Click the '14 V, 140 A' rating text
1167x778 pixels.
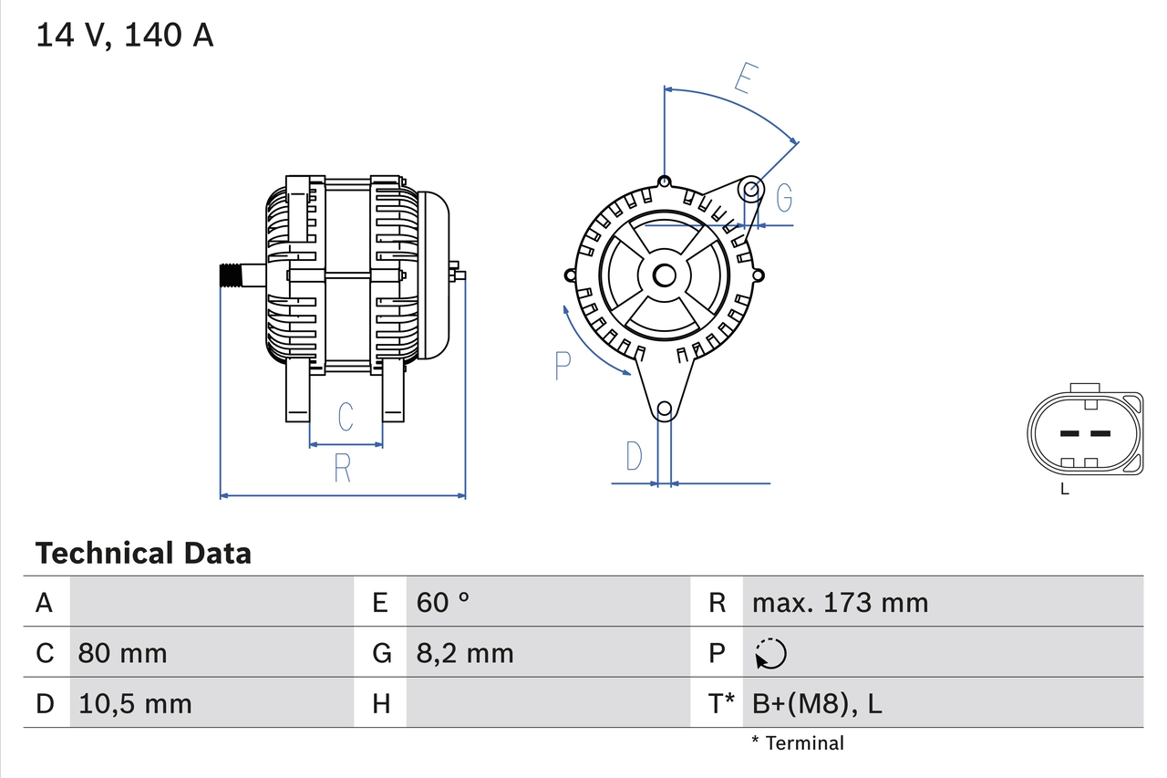125,36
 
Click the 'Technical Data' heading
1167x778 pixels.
143,553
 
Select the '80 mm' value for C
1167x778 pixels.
122,653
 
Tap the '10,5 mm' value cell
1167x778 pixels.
135,703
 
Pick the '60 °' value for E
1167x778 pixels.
443,602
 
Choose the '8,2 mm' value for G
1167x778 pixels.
465,653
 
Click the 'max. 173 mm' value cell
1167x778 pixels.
840,602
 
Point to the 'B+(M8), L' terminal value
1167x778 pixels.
817,703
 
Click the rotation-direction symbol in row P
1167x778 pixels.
770,653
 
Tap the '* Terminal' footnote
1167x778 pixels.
798,743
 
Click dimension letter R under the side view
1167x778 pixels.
342,467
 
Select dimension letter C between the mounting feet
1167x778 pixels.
346,416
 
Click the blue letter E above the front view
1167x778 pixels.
744,79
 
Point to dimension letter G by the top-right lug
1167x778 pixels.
783,197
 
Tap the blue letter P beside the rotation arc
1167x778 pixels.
563,366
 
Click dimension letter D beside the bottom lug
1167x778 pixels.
634,456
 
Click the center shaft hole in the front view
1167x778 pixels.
665,275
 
